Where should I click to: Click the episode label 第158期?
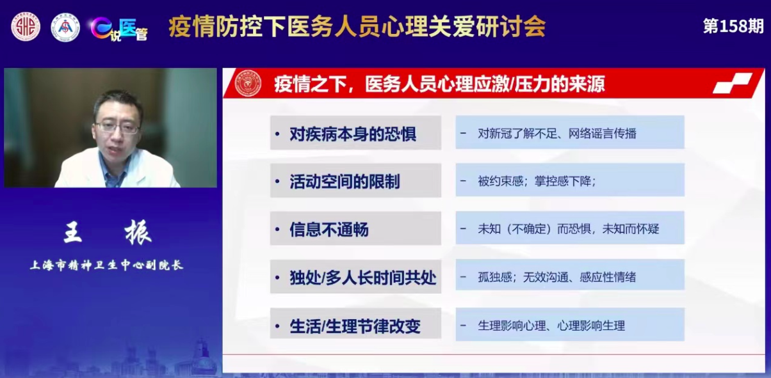[733, 26]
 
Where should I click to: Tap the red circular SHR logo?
[26, 27]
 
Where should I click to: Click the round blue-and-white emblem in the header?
[65, 28]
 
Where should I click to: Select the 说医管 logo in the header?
[118, 28]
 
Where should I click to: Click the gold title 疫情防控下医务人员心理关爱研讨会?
[357, 27]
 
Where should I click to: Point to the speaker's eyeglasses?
[117, 127]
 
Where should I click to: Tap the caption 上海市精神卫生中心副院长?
[107, 265]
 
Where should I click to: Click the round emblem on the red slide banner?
[248, 84]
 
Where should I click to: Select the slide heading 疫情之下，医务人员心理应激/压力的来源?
[439, 84]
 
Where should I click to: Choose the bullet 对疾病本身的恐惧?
[353, 134]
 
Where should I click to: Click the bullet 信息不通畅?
[329, 229]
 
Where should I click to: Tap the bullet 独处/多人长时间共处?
[362, 278]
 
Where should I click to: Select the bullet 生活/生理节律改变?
[355, 326]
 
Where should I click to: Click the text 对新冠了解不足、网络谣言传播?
[556, 134]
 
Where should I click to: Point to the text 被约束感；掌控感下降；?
[537, 181]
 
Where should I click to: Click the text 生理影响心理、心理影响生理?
[551, 326]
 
